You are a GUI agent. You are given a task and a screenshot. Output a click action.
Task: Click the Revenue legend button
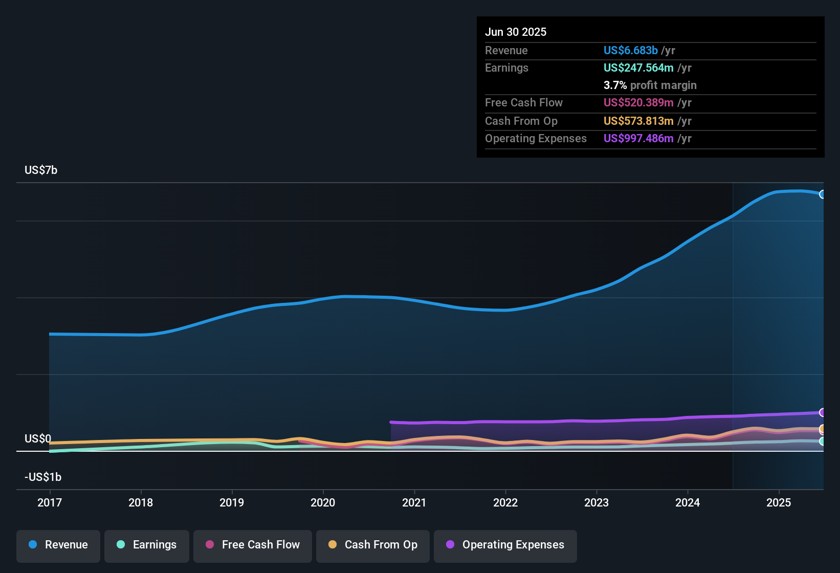58,545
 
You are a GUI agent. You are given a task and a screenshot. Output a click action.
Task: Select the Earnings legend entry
147,545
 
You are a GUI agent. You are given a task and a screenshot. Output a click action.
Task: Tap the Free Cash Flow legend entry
253,545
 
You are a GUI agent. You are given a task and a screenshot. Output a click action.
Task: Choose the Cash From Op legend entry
373,545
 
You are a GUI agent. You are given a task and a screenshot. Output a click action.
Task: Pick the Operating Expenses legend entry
505,545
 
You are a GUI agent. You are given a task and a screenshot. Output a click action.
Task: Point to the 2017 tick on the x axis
50,502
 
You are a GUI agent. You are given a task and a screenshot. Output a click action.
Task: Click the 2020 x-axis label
323,502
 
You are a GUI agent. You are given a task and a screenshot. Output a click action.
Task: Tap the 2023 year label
596,502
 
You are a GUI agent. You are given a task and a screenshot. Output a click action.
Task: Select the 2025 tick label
779,502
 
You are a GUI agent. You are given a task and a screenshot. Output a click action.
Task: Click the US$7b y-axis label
41,170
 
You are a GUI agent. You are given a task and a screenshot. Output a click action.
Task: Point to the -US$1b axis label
43,477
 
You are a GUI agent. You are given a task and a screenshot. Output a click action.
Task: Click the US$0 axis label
38,438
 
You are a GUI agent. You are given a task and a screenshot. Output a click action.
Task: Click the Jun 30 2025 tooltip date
516,32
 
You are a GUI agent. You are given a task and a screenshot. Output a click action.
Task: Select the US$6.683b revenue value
630,50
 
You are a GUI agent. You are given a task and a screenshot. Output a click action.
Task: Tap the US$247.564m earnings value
638,68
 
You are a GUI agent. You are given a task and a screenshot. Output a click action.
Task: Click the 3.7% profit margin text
650,85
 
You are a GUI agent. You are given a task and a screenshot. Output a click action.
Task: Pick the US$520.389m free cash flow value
638,102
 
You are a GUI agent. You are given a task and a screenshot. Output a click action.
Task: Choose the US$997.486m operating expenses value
638,138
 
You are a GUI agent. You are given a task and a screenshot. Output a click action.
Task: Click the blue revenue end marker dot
822,194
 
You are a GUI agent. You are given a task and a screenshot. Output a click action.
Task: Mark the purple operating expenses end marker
822,412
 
